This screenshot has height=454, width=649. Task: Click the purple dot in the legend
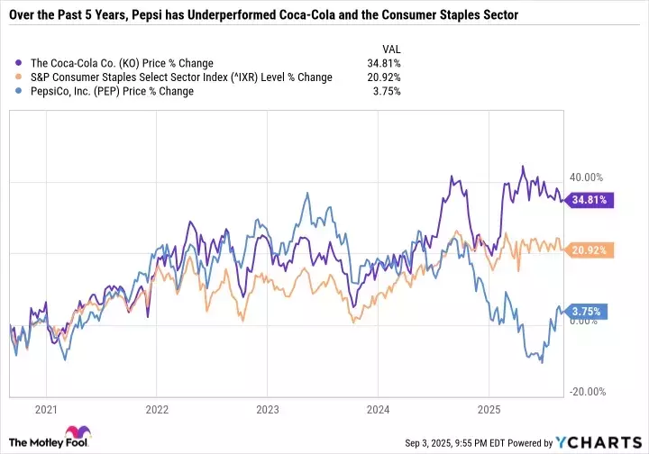[x=21, y=64]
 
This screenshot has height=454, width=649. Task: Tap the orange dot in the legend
[x=21, y=77]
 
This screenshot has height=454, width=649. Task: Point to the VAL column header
[x=390, y=50]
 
